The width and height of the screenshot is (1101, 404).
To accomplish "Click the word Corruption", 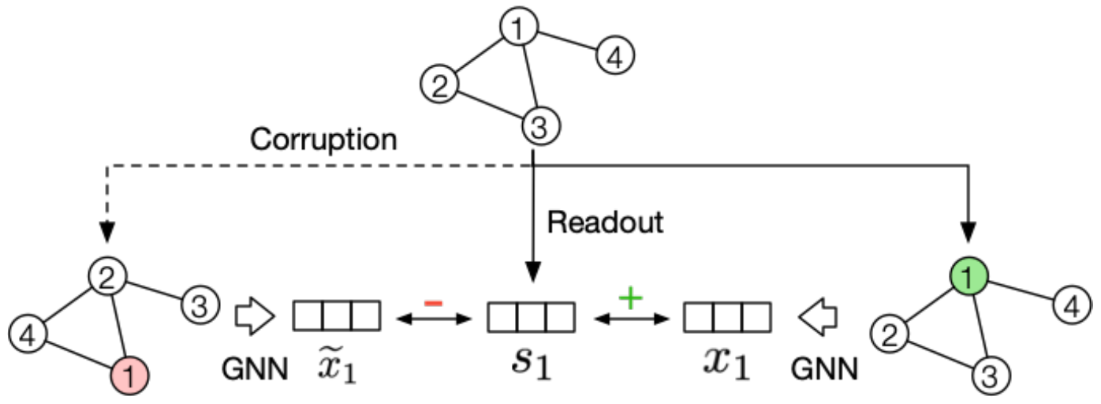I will (x=323, y=140).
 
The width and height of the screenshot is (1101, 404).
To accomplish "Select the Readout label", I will (x=606, y=223).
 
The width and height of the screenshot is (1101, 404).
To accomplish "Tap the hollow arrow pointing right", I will (x=254, y=317).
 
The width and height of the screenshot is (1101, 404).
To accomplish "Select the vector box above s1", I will (x=530, y=316).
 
